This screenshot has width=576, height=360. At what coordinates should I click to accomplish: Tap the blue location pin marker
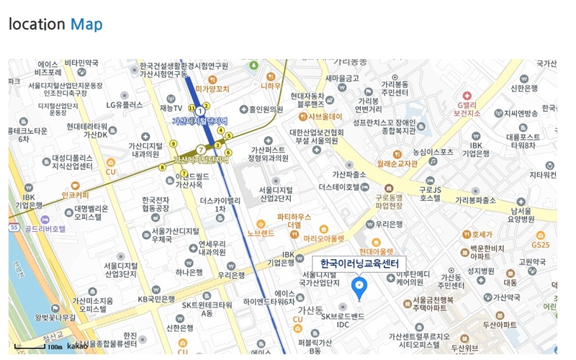[x=359, y=288]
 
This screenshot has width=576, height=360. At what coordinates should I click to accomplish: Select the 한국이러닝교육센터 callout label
[x=359, y=264]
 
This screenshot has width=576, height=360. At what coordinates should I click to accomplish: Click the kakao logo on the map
[x=77, y=347]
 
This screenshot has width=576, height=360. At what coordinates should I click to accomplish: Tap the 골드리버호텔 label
[x=45, y=229]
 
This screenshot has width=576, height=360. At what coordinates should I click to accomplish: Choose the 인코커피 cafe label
[x=75, y=194]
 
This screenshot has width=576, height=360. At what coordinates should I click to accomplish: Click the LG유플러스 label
[x=125, y=104]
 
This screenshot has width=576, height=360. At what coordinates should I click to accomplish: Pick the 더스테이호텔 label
[x=339, y=186]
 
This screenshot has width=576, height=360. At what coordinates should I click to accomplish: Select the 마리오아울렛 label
[x=323, y=238]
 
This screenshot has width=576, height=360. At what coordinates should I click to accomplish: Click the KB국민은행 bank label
[x=156, y=299]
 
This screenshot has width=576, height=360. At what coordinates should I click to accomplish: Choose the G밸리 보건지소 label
[x=467, y=108]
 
